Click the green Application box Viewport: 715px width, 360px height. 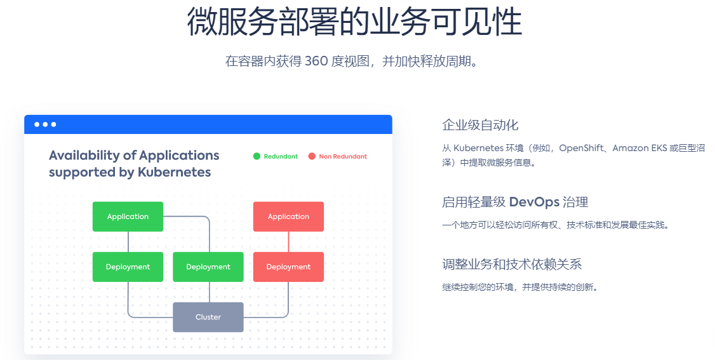tap(128, 217)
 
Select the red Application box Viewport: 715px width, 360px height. tap(289, 217)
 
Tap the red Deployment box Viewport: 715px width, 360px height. tap(289, 267)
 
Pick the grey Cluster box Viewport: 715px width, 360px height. tap(208, 317)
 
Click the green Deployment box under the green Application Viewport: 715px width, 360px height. tap(128, 267)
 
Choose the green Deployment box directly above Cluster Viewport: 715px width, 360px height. tap(208, 267)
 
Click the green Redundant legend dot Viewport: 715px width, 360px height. tap(257, 156)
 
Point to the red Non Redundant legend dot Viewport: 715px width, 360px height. tap(312, 156)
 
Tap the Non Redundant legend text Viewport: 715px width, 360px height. tap(343, 156)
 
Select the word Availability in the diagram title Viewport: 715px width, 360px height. tap(84, 156)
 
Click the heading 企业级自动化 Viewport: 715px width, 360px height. tap(480, 125)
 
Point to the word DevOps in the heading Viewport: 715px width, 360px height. tap(534, 202)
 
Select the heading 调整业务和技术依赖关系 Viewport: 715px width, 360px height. tap(512, 264)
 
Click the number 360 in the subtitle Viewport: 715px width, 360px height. tap(316, 61)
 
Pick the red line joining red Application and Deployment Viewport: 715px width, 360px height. tap(289, 241)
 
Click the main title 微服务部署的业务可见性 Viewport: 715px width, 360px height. tap(354, 21)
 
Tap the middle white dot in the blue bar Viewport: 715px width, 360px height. tap(45, 124)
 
